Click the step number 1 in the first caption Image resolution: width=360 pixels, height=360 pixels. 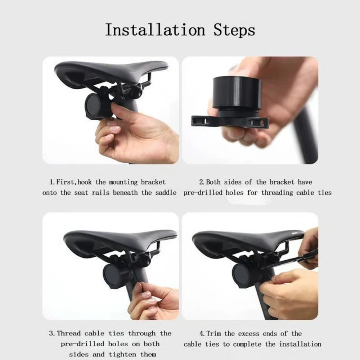coord(51,182)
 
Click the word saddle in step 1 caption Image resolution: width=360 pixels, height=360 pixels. coord(165,193)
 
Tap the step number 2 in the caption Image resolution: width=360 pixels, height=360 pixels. coord(201,182)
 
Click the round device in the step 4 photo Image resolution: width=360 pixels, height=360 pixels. coord(243,275)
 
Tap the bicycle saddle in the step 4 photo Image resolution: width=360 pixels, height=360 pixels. coord(245,239)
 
